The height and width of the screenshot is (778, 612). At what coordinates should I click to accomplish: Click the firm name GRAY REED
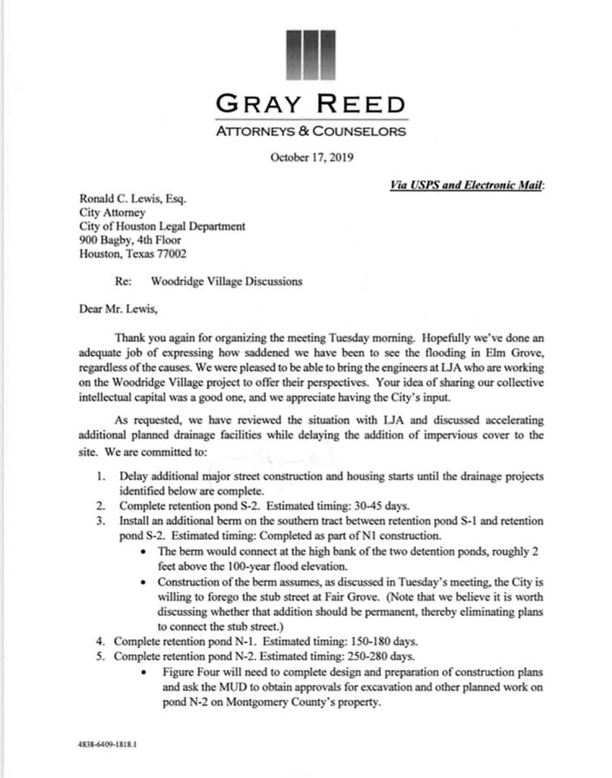coord(311,104)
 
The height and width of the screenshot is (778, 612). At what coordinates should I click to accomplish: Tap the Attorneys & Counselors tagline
coord(311,131)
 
